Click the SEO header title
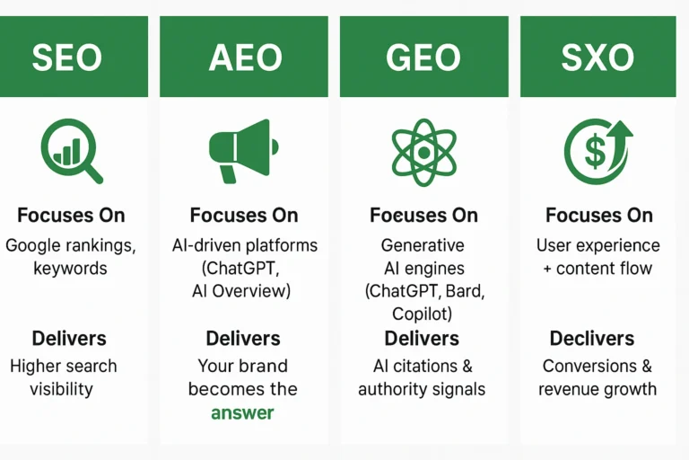coord(67,57)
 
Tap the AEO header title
coord(244,57)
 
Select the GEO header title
coord(423,57)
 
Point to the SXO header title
coord(598,57)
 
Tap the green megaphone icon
coord(243,150)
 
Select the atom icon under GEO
coord(423,152)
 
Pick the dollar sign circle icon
coord(597,151)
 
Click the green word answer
coord(243,412)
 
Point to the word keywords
coord(69,268)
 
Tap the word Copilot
coord(423,314)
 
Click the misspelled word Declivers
coord(592,339)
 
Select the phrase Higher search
coord(63,366)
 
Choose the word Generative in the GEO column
coord(423,245)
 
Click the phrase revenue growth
coord(597,389)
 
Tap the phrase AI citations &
coord(423,366)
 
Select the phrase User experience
coord(597,245)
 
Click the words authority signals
coord(422,389)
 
